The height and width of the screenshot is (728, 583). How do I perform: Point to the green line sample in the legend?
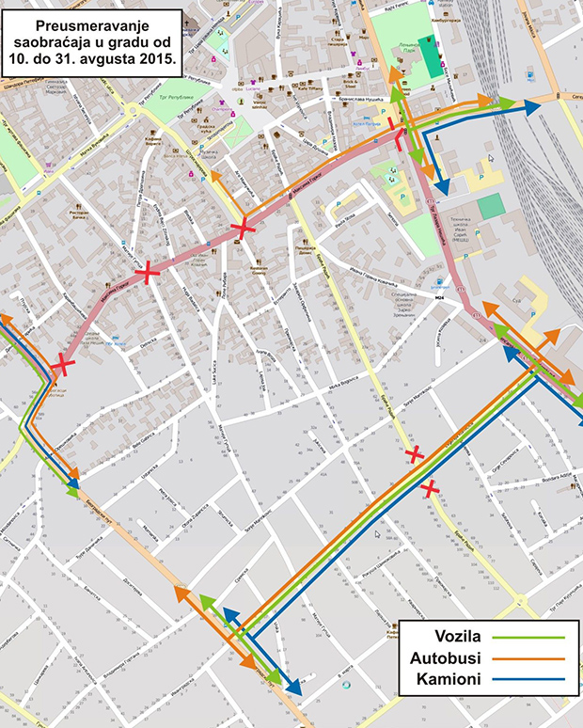(530, 638)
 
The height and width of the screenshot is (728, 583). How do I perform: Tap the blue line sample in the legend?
(530, 679)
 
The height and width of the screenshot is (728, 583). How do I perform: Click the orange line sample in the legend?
(530, 658)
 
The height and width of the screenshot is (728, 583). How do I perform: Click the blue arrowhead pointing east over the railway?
(532, 108)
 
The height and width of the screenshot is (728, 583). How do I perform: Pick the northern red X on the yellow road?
(414, 455)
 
